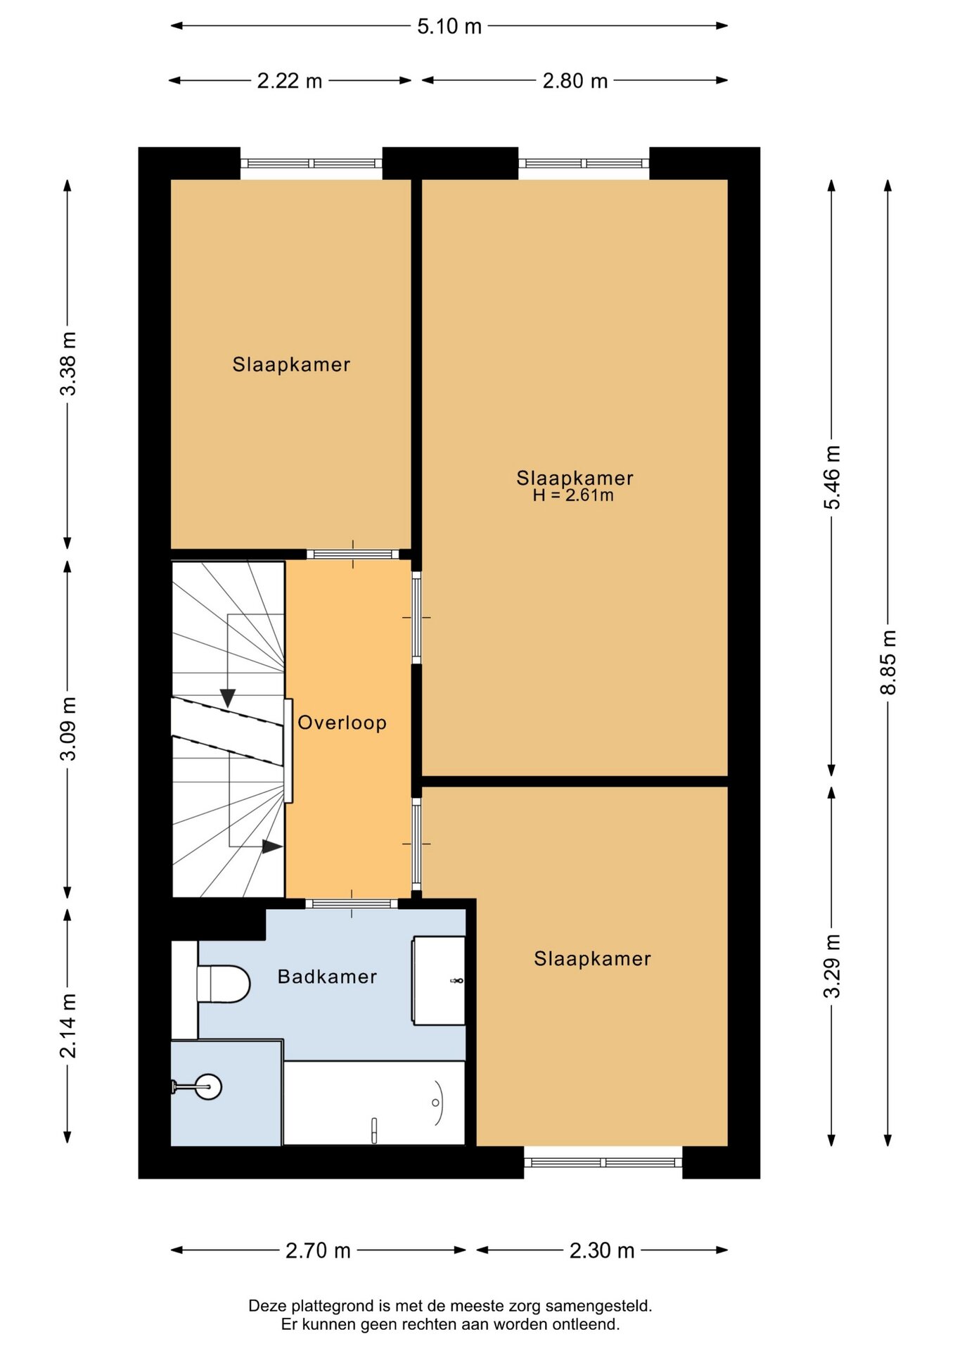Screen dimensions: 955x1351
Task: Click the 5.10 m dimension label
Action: (x=449, y=27)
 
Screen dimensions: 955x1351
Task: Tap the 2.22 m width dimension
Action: (x=289, y=81)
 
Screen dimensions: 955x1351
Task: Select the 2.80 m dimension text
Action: (x=575, y=81)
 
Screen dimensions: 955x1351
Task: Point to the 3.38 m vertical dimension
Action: (x=68, y=364)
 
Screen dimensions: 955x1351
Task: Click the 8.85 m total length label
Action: (x=888, y=662)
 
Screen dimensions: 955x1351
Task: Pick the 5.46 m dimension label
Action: (x=832, y=478)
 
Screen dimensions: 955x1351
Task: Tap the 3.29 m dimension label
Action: (x=832, y=966)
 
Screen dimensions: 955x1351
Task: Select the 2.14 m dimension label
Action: (x=68, y=1026)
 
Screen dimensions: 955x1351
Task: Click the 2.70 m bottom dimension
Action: (x=318, y=1250)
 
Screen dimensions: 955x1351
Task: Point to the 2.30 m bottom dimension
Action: (x=602, y=1250)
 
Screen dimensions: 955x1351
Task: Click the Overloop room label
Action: (x=342, y=723)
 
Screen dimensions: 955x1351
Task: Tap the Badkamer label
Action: (x=328, y=977)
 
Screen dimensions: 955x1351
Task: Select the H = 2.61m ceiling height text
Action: (x=573, y=495)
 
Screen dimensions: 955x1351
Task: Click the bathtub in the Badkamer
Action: (x=374, y=1103)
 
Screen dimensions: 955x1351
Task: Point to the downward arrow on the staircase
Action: (x=227, y=697)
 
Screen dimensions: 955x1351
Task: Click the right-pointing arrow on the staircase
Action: (x=272, y=846)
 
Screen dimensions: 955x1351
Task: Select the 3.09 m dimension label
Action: (x=68, y=729)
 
